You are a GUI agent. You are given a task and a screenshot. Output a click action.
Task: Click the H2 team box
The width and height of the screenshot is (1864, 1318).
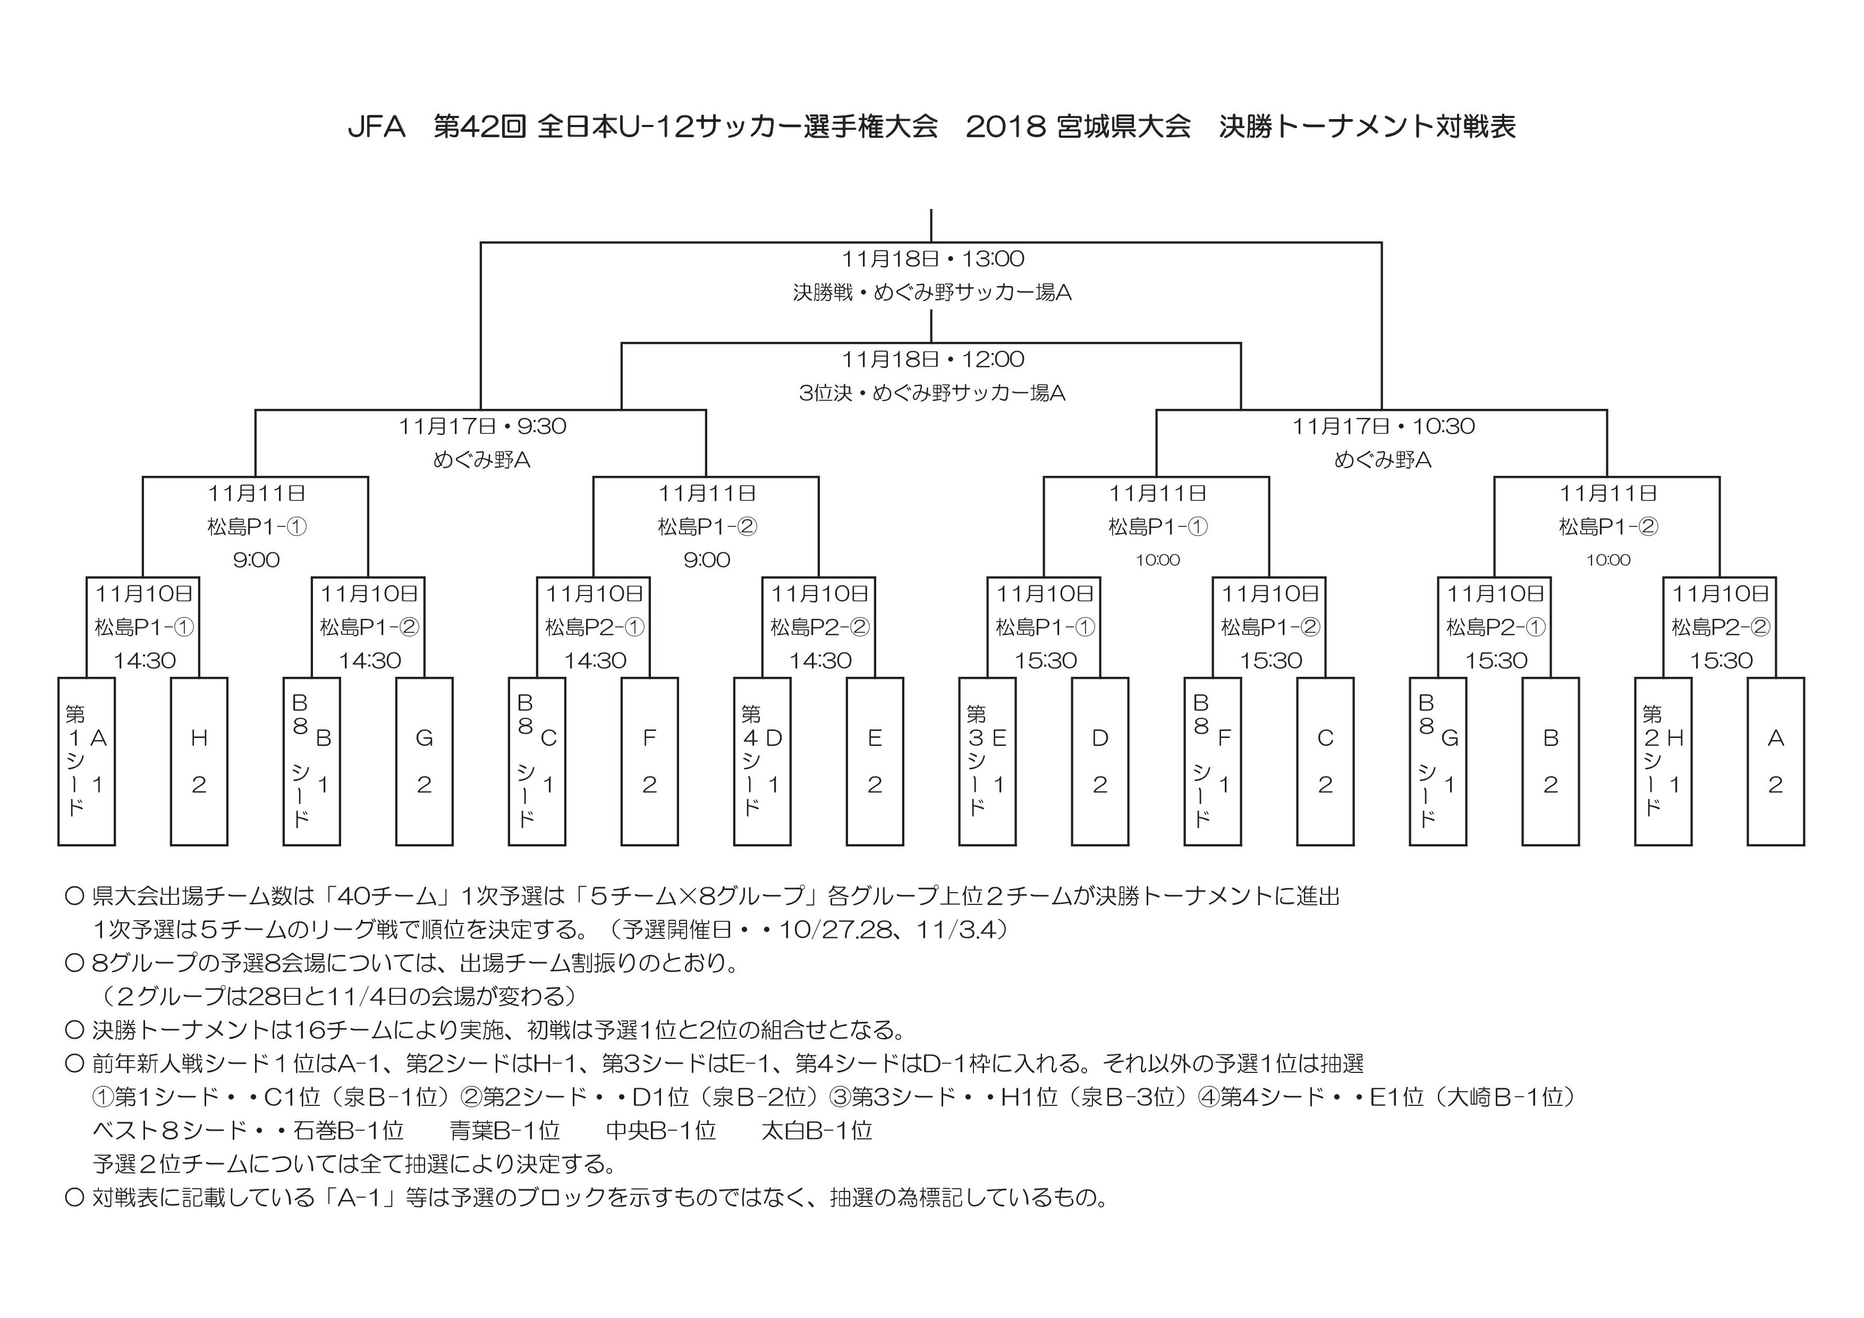[x=199, y=762]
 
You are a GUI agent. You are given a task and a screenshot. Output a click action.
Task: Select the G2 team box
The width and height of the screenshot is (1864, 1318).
[x=424, y=762]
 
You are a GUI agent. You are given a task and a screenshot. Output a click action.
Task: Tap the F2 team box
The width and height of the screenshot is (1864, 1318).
[x=649, y=762]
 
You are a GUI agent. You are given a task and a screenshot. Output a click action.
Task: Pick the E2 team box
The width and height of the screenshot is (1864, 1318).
[x=875, y=762]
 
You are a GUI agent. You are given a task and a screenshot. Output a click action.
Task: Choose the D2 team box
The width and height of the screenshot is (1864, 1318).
[x=1100, y=762]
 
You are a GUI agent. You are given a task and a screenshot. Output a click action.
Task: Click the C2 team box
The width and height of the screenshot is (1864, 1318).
[x=1325, y=762]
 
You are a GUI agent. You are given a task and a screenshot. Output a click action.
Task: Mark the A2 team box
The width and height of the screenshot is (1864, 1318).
[x=1775, y=762]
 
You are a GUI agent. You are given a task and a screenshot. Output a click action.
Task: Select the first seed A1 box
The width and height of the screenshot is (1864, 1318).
[x=86, y=762]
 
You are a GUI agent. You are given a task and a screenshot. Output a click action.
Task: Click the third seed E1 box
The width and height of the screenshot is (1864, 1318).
[x=987, y=762]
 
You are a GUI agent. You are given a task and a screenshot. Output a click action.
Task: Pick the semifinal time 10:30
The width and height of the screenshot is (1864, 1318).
[x=1444, y=426]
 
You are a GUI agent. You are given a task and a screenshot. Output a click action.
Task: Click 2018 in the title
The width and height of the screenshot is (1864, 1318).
[x=1006, y=127]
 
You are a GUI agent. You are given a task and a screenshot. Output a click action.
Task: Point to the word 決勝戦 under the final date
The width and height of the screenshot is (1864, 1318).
[x=823, y=292]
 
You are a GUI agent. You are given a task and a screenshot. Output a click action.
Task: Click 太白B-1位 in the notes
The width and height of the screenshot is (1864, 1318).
[x=817, y=1130]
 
